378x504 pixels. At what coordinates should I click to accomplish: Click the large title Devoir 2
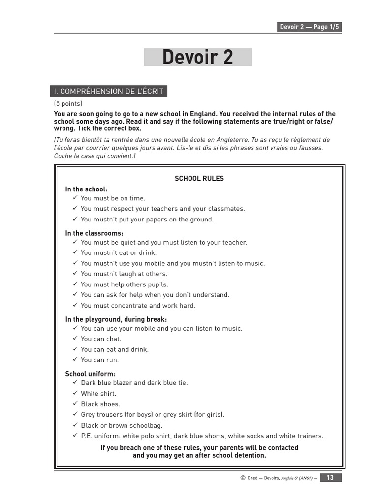(x=197, y=58)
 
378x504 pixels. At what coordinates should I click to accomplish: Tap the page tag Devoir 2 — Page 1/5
(x=309, y=27)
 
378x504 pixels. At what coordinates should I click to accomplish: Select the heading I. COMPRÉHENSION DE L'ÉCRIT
(x=108, y=91)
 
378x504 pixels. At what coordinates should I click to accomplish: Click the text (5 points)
(x=68, y=104)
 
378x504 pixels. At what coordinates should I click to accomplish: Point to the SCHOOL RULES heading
(x=199, y=179)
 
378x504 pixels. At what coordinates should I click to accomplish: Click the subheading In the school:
(x=86, y=189)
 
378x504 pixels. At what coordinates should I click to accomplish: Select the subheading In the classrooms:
(x=94, y=233)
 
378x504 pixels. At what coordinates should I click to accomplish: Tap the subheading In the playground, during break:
(x=116, y=319)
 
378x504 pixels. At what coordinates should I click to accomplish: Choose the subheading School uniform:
(x=90, y=374)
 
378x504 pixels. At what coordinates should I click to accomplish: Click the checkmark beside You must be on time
(x=75, y=198)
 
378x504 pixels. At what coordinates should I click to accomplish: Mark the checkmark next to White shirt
(x=75, y=393)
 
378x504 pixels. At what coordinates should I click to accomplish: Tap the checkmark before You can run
(x=75, y=360)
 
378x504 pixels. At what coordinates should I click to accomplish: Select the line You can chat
(x=101, y=339)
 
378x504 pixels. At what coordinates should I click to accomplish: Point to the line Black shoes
(x=100, y=404)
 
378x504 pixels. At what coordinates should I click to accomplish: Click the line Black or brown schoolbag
(x=122, y=425)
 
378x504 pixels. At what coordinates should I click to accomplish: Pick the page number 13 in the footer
(x=330, y=478)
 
